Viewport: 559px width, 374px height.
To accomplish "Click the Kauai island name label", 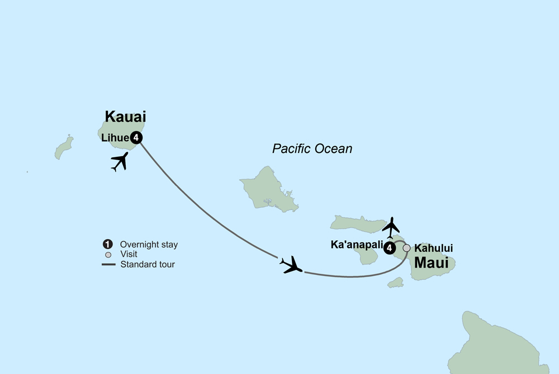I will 125,117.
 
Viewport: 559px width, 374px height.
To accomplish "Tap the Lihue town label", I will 114,137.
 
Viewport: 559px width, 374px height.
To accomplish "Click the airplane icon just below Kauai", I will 120,161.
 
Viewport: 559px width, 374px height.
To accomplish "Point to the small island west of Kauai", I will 64,147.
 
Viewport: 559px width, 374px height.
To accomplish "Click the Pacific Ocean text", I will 312,148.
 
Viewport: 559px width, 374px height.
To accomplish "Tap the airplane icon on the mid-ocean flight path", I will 292,265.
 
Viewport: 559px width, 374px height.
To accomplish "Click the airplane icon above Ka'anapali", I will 392,227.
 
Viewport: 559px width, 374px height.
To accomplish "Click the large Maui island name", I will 431,262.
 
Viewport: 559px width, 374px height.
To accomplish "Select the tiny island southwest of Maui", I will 395,283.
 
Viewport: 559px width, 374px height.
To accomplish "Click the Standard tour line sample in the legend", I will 108,264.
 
